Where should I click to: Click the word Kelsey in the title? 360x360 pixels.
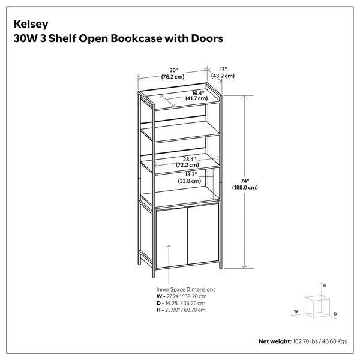pyautogui.click(x=31, y=25)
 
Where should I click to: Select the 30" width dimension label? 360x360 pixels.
pyautogui.click(x=173, y=70)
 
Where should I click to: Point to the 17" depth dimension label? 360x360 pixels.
pyautogui.click(x=223, y=70)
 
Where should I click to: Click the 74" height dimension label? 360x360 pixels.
pyautogui.click(x=245, y=181)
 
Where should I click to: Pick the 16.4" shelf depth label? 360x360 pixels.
pyautogui.click(x=198, y=93)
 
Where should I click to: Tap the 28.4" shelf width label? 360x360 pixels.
pyautogui.click(x=189, y=159)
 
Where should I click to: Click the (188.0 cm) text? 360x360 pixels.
pyautogui.click(x=245, y=187)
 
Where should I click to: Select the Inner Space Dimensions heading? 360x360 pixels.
pyautogui.click(x=186, y=290)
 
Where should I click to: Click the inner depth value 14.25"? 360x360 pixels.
pyautogui.click(x=173, y=303)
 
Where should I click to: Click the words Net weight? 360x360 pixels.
pyautogui.click(x=275, y=341)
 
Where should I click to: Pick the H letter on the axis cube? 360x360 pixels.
pyautogui.click(x=325, y=286)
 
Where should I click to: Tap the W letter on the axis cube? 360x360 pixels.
pyautogui.click(x=296, y=311)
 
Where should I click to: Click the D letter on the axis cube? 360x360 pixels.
pyautogui.click(x=335, y=314)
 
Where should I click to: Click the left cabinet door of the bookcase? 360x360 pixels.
pyautogui.click(x=171, y=237)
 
